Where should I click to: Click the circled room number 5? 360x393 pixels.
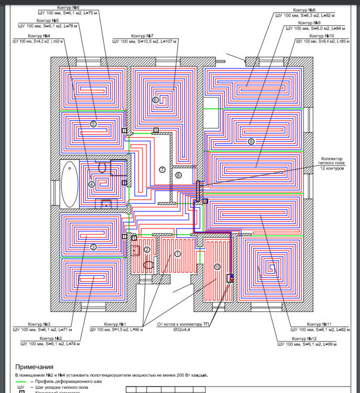(x=93, y=124)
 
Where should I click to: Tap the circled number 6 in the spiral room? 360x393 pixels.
(x=155, y=100)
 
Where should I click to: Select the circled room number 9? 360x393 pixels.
(x=251, y=141)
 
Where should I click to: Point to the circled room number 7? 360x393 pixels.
(x=162, y=169)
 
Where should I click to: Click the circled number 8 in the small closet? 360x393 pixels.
(x=178, y=175)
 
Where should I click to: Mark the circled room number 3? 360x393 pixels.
(x=93, y=247)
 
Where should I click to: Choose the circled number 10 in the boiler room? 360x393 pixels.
(x=217, y=266)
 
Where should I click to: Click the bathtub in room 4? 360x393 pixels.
(x=69, y=184)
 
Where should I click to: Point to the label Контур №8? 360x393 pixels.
(x=304, y=10)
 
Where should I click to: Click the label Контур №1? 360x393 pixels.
(x=115, y=324)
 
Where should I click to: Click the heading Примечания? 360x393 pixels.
(x=34, y=367)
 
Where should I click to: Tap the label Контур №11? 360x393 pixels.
(x=319, y=324)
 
